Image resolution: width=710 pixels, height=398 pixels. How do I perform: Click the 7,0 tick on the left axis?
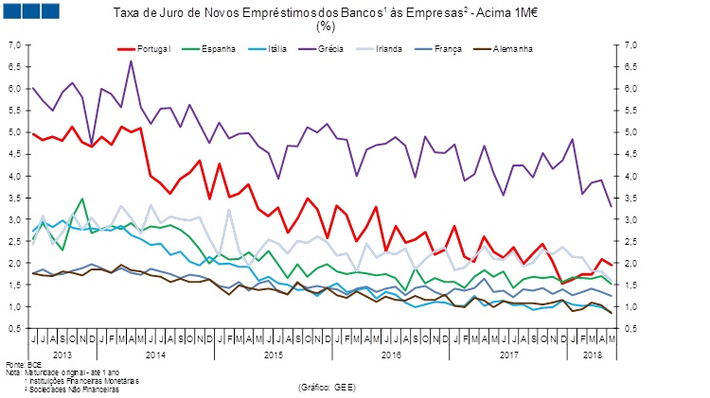tap(14, 44)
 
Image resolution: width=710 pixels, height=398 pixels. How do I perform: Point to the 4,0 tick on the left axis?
tap(14, 176)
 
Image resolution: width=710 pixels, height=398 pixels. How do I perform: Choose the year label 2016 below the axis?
tap(391, 354)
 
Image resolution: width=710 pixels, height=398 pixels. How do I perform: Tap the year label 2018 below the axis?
tap(592, 354)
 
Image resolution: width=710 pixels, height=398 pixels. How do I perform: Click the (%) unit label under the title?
tap(327, 26)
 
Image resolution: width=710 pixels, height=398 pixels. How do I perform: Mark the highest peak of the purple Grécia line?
tap(131, 61)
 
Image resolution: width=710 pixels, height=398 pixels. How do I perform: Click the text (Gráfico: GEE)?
tap(326, 388)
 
